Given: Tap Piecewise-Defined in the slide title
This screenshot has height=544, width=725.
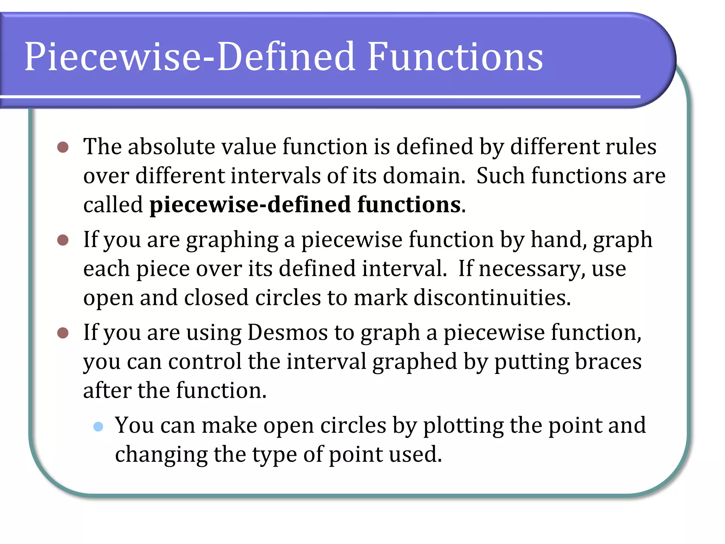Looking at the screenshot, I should [190, 57].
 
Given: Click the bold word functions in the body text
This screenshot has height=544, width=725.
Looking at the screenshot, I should [409, 205].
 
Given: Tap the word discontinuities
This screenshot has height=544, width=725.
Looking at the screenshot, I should [492, 297].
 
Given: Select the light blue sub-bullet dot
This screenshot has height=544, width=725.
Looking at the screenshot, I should [98, 426].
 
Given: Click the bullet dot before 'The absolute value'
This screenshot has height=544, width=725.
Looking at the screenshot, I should [63, 147].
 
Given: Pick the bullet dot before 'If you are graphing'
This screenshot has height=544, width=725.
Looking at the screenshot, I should [63, 240].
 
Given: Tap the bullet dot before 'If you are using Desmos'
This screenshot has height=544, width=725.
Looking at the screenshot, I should [63, 333].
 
